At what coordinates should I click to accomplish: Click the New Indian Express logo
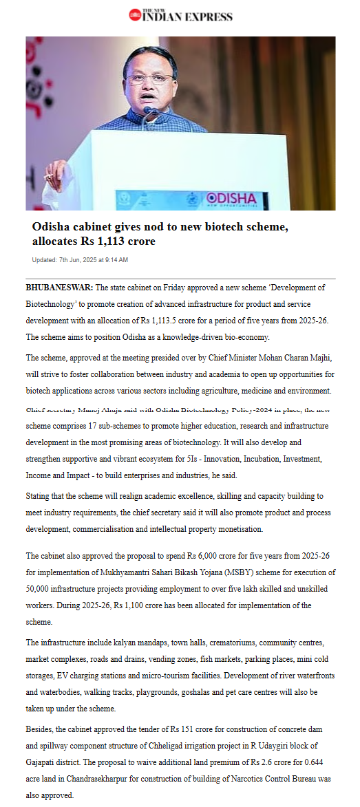click(180, 15)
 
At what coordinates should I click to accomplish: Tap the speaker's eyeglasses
click(150, 78)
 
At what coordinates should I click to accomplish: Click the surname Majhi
click(319, 358)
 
